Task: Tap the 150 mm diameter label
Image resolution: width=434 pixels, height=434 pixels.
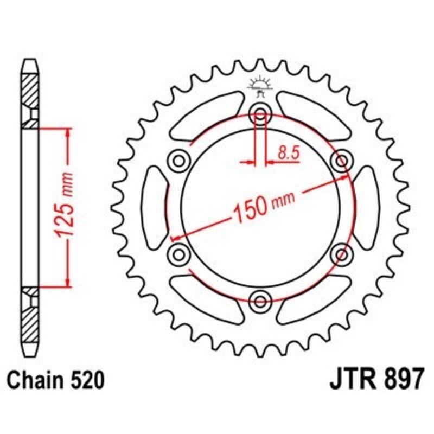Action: [263, 205]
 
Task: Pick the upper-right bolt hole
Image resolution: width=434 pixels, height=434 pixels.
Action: [342, 161]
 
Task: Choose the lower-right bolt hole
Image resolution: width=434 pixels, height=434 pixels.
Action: [342, 253]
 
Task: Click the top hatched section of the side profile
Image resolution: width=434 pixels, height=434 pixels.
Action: [30, 90]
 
